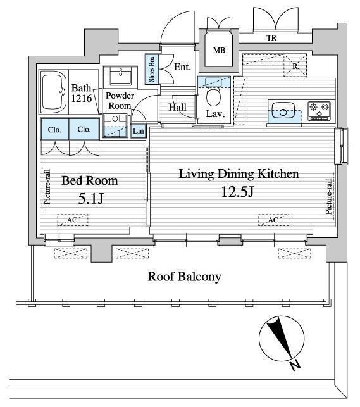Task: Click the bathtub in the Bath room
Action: [x=54, y=92]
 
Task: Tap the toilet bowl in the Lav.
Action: [x=213, y=96]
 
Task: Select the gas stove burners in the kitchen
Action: [x=319, y=111]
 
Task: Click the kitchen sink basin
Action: [x=283, y=111]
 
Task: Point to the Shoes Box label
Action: [x=152, y=69]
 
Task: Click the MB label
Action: [x=219, y=50]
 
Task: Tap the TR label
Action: [x=271, y=38]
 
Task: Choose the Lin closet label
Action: [x=138, y=130]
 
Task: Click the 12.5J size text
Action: [x=237, y=192]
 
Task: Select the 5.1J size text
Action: [x=90, y=199]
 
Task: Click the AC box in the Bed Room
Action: [x=73, y=220]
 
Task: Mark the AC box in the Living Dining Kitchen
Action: [x=273, y=220]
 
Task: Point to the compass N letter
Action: [x=295, y=365]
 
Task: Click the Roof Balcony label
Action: [x=184, y=276]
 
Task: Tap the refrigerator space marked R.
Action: [x=295, y=66]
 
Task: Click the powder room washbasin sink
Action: [x=120, y=76]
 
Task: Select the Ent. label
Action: [x=182, y=67]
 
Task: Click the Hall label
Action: [x=177, y=107]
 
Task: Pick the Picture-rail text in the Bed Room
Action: [x=47, y=187]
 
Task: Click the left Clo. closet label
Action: [x=54, y=130]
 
